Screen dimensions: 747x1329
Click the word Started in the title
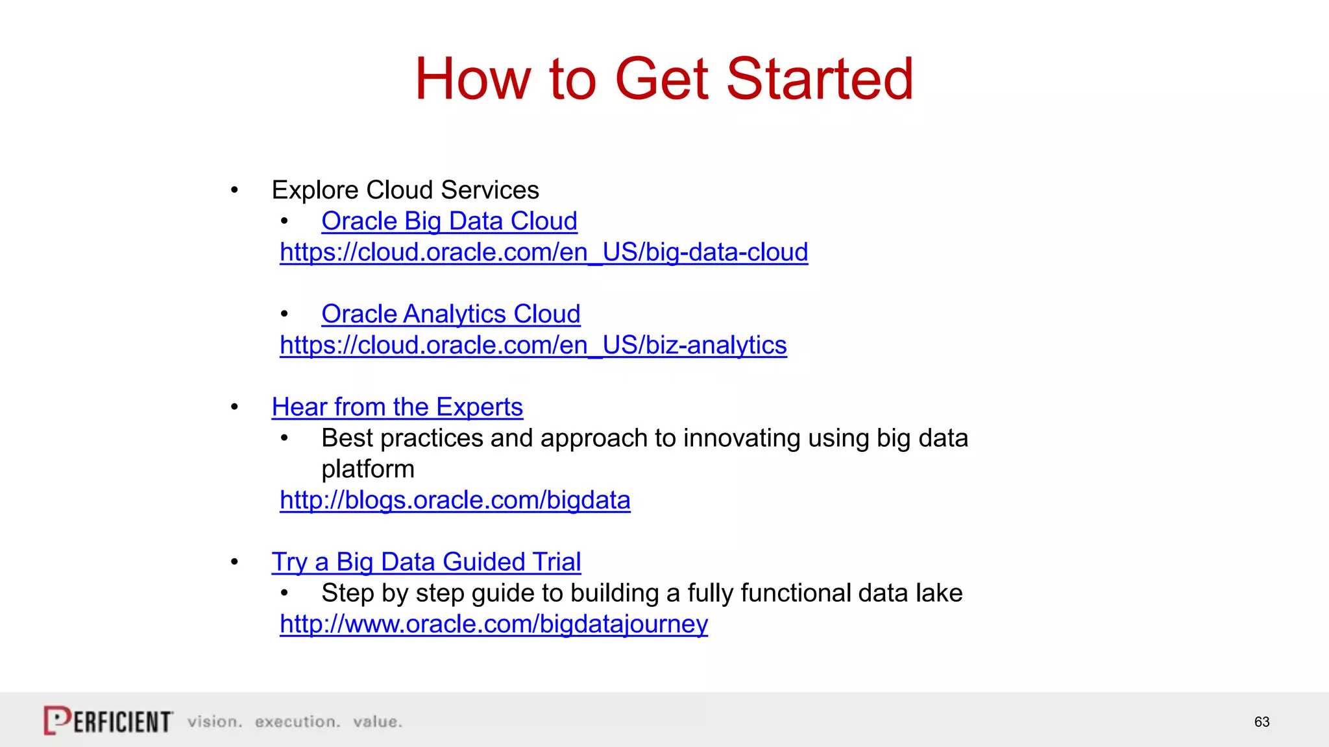coord(820,79)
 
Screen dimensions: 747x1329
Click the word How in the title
coord(472,79)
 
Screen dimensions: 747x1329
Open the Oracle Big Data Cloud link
coord(449,221)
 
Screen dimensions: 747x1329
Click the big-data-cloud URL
coord(544,252)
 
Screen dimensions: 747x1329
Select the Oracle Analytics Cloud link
coord(450,314)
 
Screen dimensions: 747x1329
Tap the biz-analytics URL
coord(533,345)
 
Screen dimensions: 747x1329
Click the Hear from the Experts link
coord(397,407)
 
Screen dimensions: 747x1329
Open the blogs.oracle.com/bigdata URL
coord(455,500)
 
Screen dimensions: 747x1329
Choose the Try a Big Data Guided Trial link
coord(426,562)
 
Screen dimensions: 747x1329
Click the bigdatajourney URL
coord(493,624)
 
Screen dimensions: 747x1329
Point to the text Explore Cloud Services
coord(405,190)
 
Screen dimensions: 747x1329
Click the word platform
coord(367,469)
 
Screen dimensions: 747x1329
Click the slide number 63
coord(1262,722)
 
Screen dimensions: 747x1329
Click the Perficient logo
coord(108,720)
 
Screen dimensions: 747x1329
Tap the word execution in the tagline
coord(297,722)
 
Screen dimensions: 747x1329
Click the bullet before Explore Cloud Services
coord(234,191)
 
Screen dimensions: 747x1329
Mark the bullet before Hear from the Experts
coord(234,408)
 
